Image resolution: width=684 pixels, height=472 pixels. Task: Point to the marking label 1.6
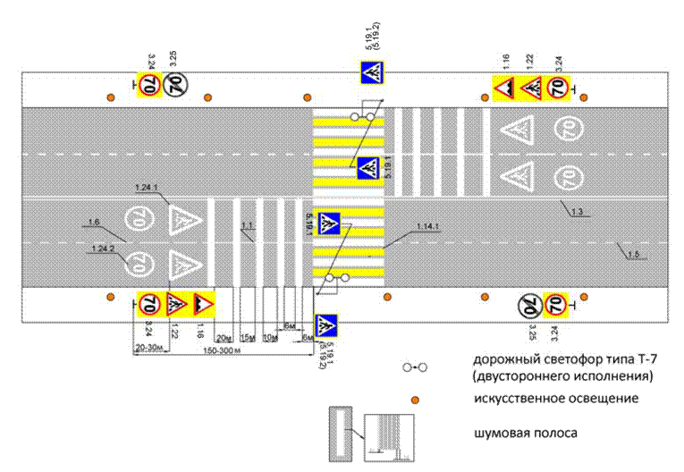click(x=93, y=221)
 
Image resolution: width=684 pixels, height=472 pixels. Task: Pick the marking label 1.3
click(x=577, y=211)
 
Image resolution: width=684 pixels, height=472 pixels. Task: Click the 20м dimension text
click(x=224, y=335)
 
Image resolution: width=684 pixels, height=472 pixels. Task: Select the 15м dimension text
click(x=248, y=336)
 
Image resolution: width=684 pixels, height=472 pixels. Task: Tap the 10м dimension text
click(x=270, y=336)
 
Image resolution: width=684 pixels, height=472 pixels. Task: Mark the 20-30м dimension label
click(x=148, y=345)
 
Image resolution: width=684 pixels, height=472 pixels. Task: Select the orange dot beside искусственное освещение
click(x=414, y=400)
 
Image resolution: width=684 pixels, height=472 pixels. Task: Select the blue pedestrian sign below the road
click(x=327, y=325)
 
